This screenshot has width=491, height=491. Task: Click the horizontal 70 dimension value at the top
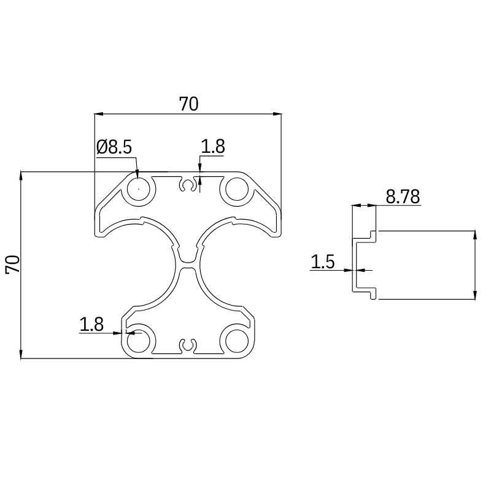pos(188,104)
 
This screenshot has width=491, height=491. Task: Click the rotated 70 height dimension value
pos(13,265)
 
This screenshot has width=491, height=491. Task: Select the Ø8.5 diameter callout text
pos(114,147)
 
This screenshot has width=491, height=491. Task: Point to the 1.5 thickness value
pos(322,262)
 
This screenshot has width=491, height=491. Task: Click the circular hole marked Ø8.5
pos(139,189)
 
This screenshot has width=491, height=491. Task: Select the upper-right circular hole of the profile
pos(235,189)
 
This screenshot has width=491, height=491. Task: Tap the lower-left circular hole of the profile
pos(139,339)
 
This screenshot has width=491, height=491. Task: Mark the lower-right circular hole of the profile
pos(235,339)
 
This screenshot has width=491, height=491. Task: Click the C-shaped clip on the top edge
pos(188,185)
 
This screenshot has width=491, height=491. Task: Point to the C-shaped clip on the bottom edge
pos(188,346)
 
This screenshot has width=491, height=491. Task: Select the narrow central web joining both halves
pos(188,265)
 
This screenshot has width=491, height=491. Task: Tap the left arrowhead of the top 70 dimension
pos(98,114)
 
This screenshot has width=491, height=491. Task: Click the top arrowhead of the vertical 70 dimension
pos(21,176)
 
